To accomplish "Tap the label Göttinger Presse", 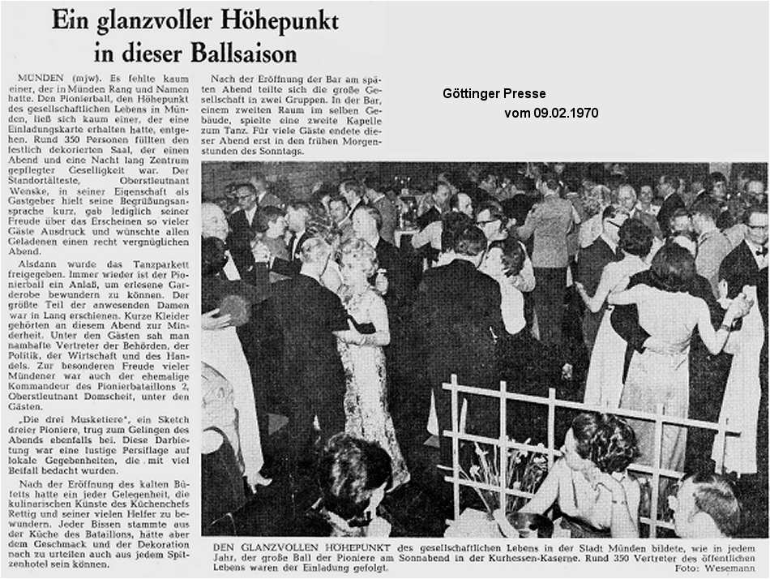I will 494,94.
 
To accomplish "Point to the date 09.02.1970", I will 567,114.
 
